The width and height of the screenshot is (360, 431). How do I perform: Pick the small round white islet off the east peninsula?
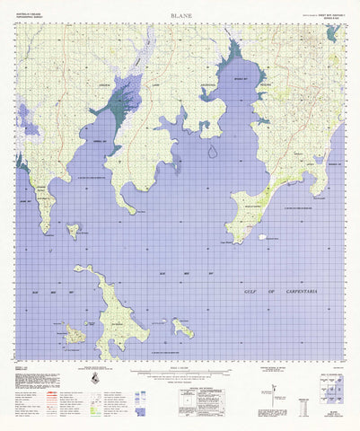[262, 237]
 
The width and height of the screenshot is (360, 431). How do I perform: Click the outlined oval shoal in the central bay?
[212, 151]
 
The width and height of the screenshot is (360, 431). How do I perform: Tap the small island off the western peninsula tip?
[72, 231]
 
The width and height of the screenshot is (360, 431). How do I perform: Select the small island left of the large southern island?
[75, 335]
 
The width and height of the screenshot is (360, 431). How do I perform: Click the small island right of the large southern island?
[182, 329]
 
